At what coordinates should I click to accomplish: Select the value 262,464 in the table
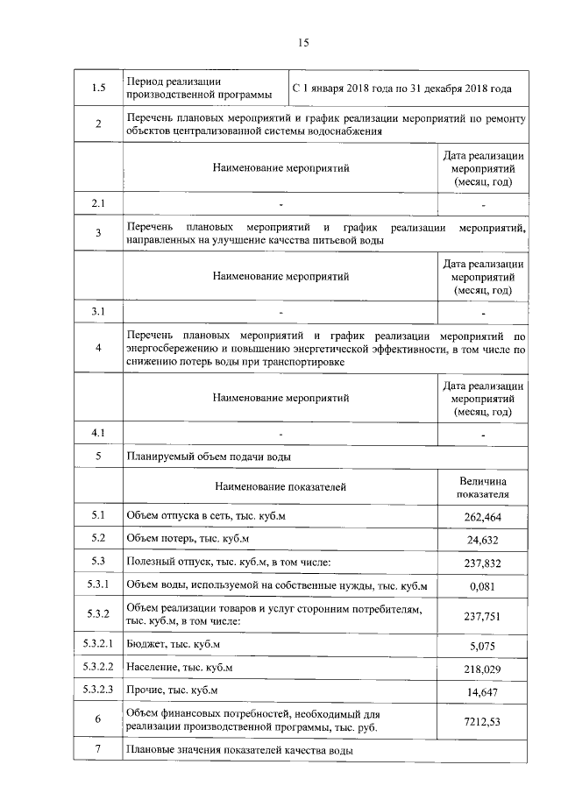482,518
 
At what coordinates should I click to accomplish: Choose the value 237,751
482,616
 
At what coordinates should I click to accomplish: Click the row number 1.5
98,88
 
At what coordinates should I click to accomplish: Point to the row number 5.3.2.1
98,646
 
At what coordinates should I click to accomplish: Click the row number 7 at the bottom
98,750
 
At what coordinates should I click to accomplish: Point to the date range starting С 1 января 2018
401,89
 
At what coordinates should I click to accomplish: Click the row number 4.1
98,433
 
